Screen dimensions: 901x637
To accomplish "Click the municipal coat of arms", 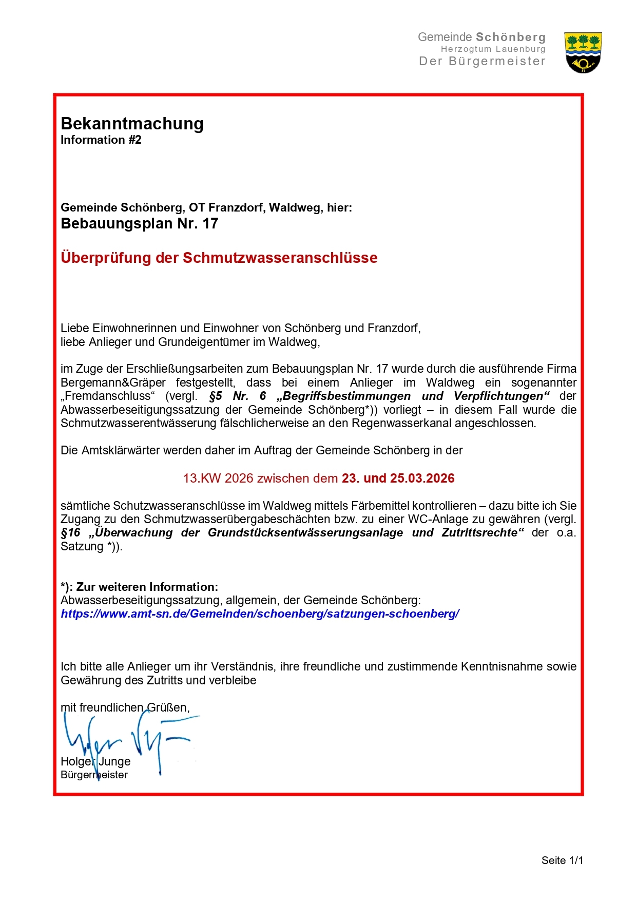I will coord(583,52).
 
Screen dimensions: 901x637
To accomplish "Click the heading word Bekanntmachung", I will coord(132,124).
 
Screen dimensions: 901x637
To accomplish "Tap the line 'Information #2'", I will coord(101,140).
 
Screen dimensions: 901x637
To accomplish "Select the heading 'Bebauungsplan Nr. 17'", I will coord(139,224).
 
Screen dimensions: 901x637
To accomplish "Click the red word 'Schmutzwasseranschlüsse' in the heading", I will coord(280,258).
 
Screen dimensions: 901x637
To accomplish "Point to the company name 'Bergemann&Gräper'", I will coord(113,382).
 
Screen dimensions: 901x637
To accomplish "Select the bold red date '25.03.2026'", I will coord(422,478).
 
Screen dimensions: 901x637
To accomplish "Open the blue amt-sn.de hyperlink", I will coord(260,614).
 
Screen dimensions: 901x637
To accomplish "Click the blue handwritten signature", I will coord(128,739).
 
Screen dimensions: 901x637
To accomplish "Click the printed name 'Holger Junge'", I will coord(95,761).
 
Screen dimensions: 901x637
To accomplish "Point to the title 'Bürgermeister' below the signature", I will coord(94,775).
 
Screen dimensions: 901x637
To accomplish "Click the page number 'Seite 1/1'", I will coord(562,860).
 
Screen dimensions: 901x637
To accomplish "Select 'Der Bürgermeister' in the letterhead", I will coord(482,61).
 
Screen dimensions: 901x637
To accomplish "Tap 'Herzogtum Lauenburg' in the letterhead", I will coord(493,49).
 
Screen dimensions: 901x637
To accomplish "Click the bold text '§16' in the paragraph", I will coord(71,533).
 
